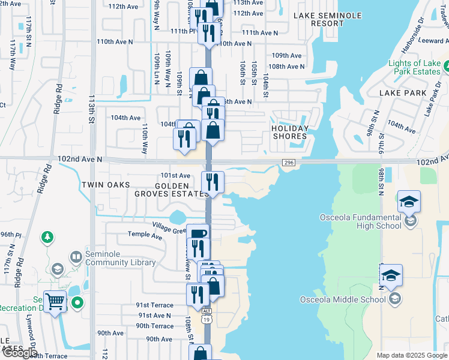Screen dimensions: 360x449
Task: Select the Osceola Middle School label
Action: point(343,299)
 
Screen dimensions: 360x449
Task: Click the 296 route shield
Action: point(288,163)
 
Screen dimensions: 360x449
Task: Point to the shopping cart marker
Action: point(55,301)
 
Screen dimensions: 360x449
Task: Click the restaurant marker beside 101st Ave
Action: point(212,182)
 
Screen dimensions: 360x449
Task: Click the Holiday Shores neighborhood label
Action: point(289,132)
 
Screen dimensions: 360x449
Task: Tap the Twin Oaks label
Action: point(106,185)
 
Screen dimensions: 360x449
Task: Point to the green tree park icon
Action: point(47,238)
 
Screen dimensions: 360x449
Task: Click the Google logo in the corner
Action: point(19,353)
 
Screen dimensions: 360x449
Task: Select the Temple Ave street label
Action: point(145,237)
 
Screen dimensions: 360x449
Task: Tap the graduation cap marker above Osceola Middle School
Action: point(391,276)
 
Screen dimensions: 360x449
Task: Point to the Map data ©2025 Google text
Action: point(412,355)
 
